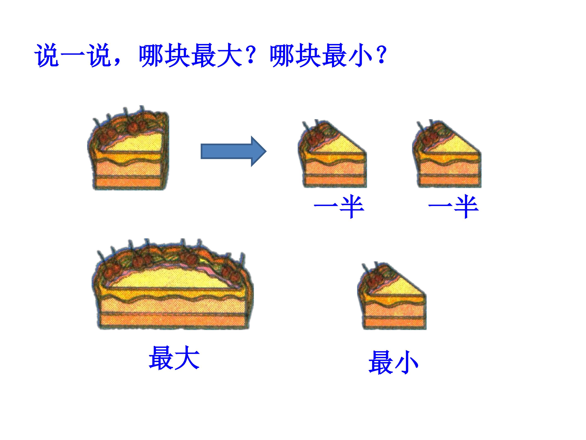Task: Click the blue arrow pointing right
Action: pyautogui.click(x=233, y=151)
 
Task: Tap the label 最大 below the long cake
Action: pyautogui.click(x=174, y=358)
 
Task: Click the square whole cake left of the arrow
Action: pyautogui.click(x=128, y=151)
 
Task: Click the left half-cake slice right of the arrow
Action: pyautogui.click(x=332, y=156)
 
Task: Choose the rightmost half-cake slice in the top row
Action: pyautogui.click(x=447, y=156)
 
